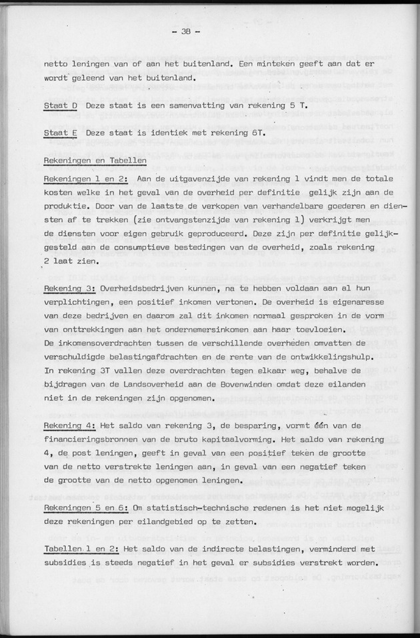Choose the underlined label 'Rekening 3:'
pos(71,289)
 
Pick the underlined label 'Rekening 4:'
pos(71,425)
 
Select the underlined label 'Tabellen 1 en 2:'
pos(81,549)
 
